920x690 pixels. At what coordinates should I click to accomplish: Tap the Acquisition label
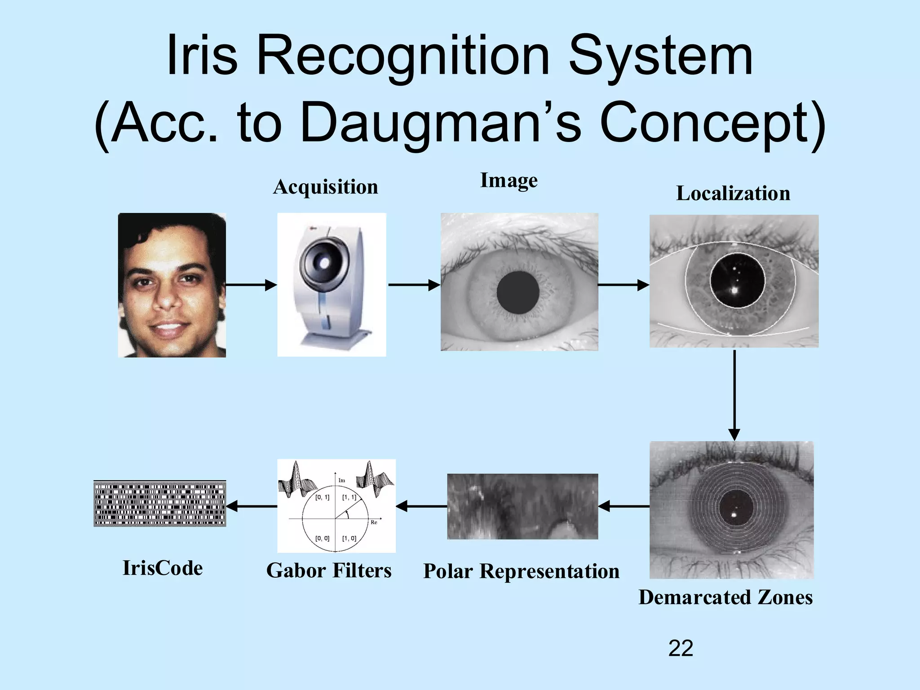[x=325, y=187]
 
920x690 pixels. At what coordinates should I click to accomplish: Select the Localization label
[x=733, y=194]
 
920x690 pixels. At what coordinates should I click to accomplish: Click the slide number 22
[x=680, y=648]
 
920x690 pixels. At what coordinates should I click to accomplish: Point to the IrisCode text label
[x=163, y=568]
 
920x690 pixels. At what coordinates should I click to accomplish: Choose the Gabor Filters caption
[x=329, y=571]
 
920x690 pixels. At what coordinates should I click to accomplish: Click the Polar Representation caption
[x=521, y=571]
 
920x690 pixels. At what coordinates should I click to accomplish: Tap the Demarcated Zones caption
[x=725, y=597]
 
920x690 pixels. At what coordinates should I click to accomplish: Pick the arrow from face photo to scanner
[x=251, y=285]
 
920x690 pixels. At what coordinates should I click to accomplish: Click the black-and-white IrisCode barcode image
[x=160, y=504]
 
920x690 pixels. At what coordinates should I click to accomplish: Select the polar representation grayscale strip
[x=522, y=506]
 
